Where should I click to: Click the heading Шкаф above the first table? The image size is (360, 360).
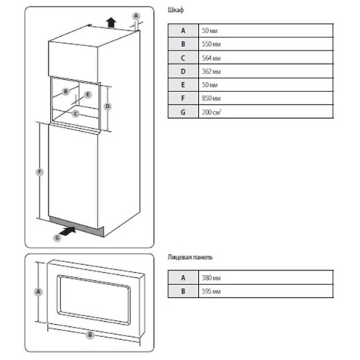pyautogui.click(x=176, y=10)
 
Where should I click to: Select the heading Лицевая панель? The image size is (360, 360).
pyautogui.click(x=190, y=257)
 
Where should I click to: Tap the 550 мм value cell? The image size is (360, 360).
pyautogui.click(x=211, y=44)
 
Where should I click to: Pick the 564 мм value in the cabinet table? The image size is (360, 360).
pyautogui.click(x=211, y=58)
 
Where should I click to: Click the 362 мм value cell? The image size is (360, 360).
pyautogui.click(x=211, y=71)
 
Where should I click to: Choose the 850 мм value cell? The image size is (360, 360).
pyautogui.click(x=211, y=98)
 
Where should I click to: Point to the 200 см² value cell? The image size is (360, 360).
pyautogui.click(x=212, y=112)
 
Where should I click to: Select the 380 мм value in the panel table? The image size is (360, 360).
pyautogui.click(x=211, y=278)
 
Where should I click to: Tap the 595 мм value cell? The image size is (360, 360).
pyautogui.click(x=211, y=292)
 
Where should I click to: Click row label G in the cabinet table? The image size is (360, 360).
pyautogui.click(x=183, y=112)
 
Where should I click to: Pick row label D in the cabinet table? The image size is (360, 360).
pyautogui.click(x=183, y=71)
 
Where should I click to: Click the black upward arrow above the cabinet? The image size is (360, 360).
pyautogui.click(x=111, y=22)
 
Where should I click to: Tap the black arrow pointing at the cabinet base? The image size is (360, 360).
pyautogui.click(x=68, y=231)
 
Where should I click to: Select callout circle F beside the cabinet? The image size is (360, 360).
pyautogui.click(x=40, y=172)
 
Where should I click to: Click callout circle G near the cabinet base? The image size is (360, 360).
pyautogui.click(x=58, y=238)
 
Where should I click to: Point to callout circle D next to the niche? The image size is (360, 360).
pyautogui.click(x=107, y=107)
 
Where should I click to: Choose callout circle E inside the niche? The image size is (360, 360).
pyautogui.click(x=88, y=94)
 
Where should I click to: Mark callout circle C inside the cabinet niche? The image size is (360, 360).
pyautogui.click(x=76, y=114)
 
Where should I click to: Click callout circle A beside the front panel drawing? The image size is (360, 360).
pyautogui.click(x=38, y=292)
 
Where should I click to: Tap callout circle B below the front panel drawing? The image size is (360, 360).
pyautogui.click(x=90, y=335)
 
